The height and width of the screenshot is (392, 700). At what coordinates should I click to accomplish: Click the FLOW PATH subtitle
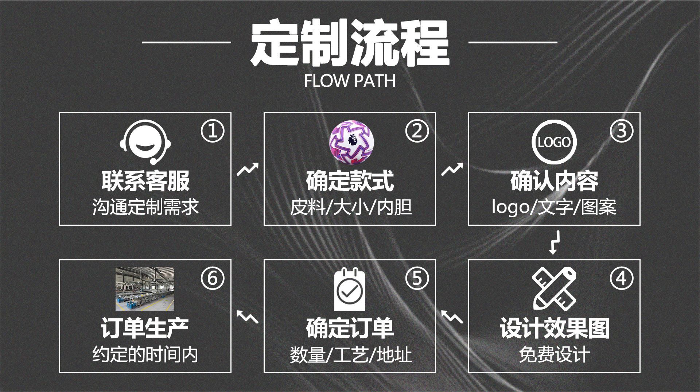tap(350, 81)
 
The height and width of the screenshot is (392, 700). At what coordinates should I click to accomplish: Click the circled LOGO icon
tap(554, 142)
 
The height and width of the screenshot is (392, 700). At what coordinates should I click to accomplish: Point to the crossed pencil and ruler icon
tap(554, 288)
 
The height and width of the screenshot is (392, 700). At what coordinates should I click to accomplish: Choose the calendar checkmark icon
tap(349, 290)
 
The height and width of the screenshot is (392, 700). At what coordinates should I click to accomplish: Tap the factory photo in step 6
tap(145, 289)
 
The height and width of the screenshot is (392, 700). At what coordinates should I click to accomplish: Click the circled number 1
tap(212, 131)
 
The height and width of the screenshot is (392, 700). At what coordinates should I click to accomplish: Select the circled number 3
tap(621, 131)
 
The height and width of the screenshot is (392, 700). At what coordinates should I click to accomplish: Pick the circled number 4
tap(621, 279)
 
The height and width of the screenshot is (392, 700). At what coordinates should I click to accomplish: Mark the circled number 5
tap(417, 279)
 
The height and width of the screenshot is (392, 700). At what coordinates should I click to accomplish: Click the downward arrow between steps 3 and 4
tap(553, 242)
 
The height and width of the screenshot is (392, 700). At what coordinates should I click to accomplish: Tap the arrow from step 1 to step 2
tap(248, 169)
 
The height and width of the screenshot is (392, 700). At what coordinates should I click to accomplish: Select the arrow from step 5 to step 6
tap(248, 317)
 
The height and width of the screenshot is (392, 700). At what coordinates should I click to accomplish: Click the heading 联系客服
tap(145, 181)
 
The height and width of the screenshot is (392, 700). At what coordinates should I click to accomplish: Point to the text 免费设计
tap(554, 354)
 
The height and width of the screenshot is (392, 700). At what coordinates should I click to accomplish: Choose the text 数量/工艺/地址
tap(351, 354)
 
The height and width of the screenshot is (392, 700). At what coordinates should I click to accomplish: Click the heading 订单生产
tap(145, 328)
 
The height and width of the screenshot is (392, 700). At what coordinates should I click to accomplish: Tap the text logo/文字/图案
tap(554, 207)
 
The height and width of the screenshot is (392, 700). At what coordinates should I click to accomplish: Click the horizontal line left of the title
tap(186, 42)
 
